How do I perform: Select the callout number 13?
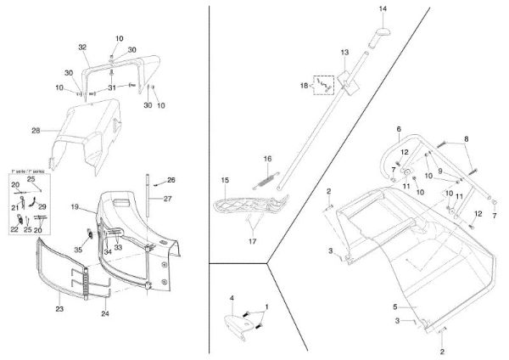coord(344,53)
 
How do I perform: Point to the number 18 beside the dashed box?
coord(304,86)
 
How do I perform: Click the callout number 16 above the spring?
coord(266,159)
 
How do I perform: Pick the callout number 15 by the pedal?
coord(226,180)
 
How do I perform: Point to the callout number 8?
coord(465,138)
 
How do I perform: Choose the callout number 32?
coord(82,46)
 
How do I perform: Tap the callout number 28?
coord(36,130)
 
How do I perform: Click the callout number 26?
coord(171,180)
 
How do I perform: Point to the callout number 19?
coord(75,207)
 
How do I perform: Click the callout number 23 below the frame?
coord(59,309)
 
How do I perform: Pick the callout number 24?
coord(104,314)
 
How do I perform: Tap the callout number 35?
coord(77,250)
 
